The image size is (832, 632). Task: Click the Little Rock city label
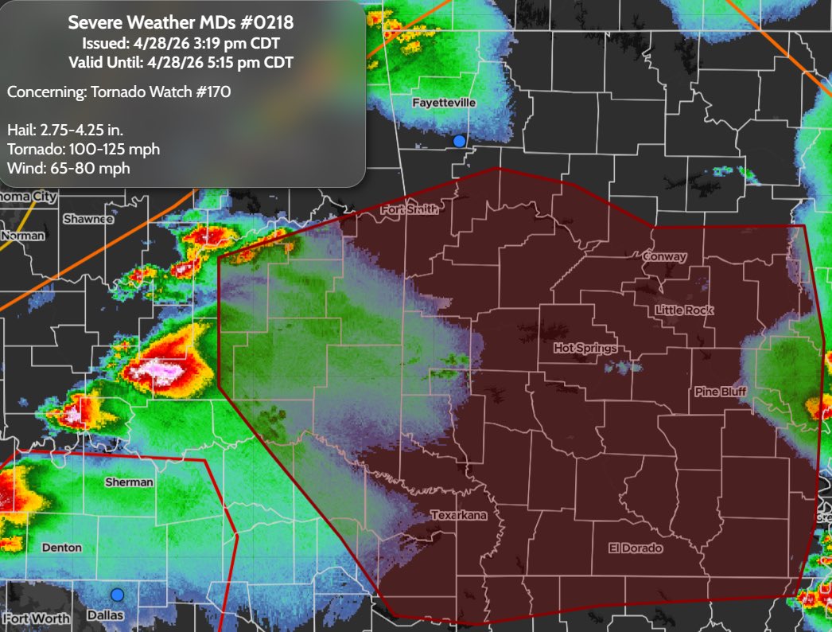(684, 310)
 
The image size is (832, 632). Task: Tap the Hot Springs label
(585, 349)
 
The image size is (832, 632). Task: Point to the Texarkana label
(458, 515)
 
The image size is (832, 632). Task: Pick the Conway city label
(663, 256)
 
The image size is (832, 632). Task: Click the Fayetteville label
(443, 103)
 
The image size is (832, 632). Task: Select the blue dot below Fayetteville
(459, 141)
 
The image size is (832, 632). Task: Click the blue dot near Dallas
(118, 595)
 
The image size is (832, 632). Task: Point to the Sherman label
(129, 482)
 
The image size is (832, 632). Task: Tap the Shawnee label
(88, 219)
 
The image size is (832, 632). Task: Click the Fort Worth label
(36, 618)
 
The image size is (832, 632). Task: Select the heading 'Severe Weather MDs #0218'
(181, 22)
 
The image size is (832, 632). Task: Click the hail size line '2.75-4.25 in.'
(65, 130)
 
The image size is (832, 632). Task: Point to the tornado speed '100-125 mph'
(83, 149)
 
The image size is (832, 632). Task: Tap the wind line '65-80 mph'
(68, 168)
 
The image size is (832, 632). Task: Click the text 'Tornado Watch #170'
(119, 92)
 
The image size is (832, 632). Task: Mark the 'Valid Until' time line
(181, 62)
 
